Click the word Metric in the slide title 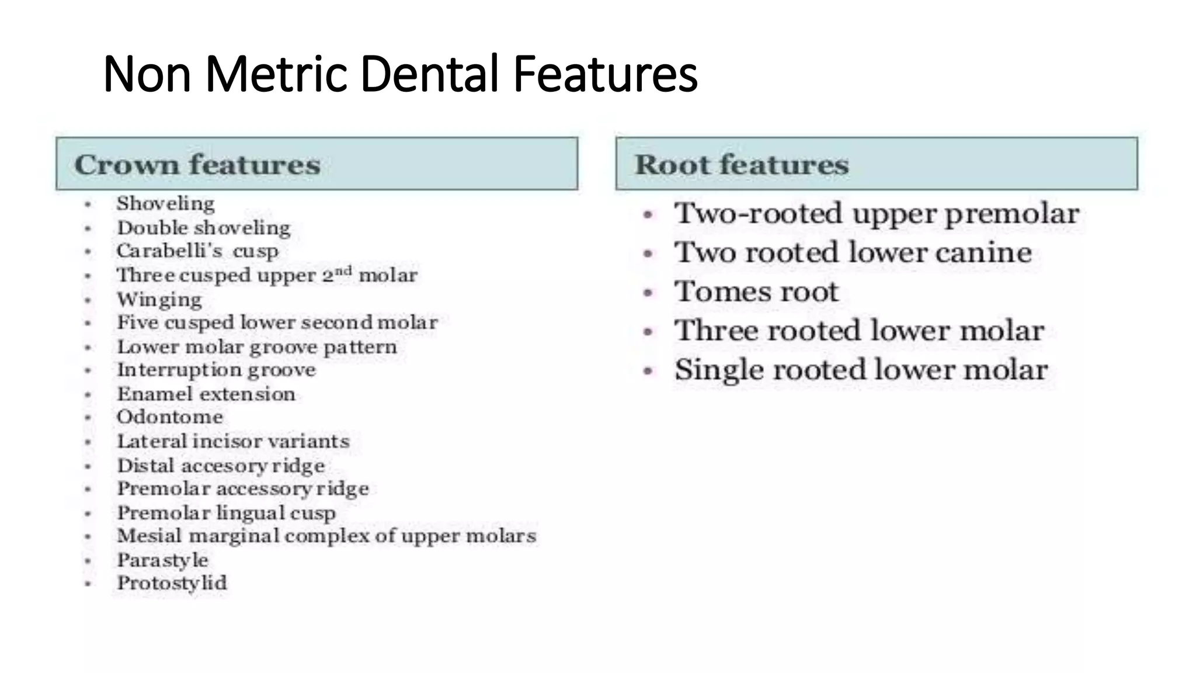click(277, 74)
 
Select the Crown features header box click(317, 164)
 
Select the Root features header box click(877, 164)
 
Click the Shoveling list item click(166, 203)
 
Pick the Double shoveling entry click(204, 228)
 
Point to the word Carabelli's click(169, 251)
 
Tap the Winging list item click(159, 300)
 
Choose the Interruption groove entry click(217, 370)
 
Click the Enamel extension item click(206, 394)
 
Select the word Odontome click(170, 417)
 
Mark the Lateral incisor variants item click(234, 442)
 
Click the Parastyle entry click(163, 560)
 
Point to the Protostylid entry click(172, 583)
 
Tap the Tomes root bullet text click(756, 292)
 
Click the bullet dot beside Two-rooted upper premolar click(648, 214)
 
